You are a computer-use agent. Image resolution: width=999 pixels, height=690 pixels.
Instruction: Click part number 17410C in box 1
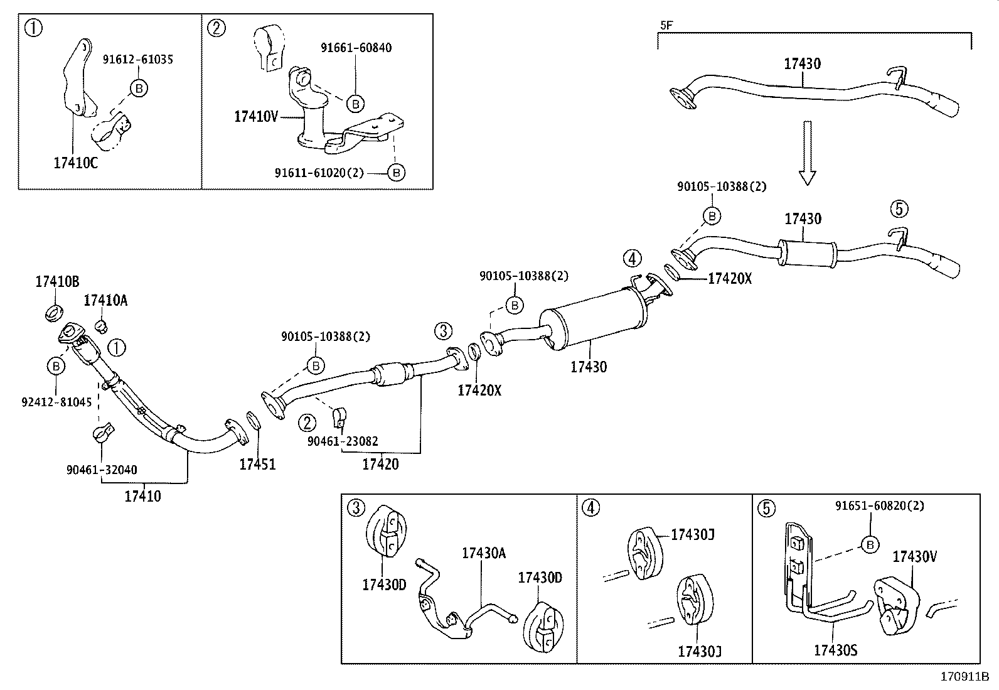coord(76,163)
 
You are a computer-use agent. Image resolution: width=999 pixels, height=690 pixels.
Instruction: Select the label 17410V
coord(255,116)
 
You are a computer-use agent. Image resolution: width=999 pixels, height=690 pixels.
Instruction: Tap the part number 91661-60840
coord(356,48)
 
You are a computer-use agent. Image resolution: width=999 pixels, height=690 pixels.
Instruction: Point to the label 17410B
coord(57,282)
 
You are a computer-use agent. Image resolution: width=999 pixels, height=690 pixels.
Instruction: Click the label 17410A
coord(105,301)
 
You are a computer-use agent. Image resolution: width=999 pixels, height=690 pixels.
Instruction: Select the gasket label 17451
coord(257,465)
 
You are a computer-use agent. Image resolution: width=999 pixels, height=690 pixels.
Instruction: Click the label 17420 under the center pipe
coord(380,465)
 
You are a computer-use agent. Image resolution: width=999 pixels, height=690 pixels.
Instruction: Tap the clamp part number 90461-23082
coord(343,441)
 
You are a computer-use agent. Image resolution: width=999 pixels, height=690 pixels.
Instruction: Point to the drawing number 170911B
coord(964,677)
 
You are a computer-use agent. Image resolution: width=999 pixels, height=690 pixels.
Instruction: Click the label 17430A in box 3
coord(484,553)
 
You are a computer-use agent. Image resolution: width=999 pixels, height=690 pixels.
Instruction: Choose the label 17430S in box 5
coord(835,650)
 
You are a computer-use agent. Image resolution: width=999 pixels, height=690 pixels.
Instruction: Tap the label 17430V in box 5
coord(915,556)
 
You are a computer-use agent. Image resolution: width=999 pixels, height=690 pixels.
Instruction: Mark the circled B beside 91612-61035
coord(139,89)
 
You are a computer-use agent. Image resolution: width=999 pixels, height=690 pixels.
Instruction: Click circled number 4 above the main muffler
coord(633,258)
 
